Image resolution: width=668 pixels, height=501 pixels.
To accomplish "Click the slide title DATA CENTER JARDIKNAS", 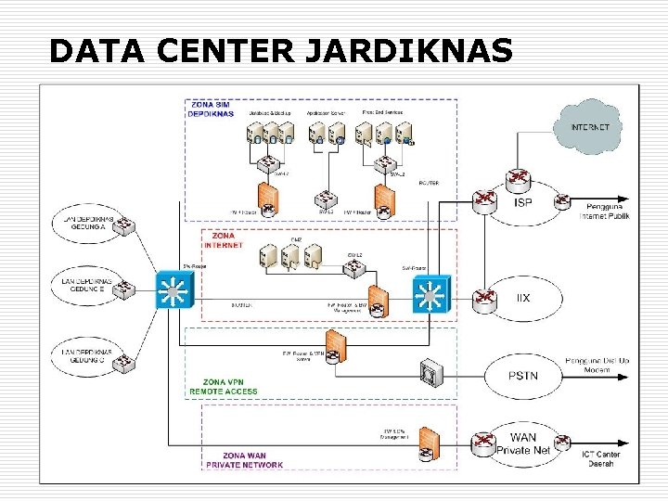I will [x=280, y=50].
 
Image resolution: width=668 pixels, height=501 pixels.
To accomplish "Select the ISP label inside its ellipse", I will [x=523, y=202].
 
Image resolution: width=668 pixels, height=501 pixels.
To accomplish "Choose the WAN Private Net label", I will [x=523, y=443].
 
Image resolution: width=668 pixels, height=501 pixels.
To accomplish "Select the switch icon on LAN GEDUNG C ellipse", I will [x=123, y=366].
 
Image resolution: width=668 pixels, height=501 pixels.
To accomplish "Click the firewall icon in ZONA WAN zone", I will [x=428, y=447].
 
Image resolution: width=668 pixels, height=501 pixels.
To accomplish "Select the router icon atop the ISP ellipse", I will [x=517, y=178].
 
